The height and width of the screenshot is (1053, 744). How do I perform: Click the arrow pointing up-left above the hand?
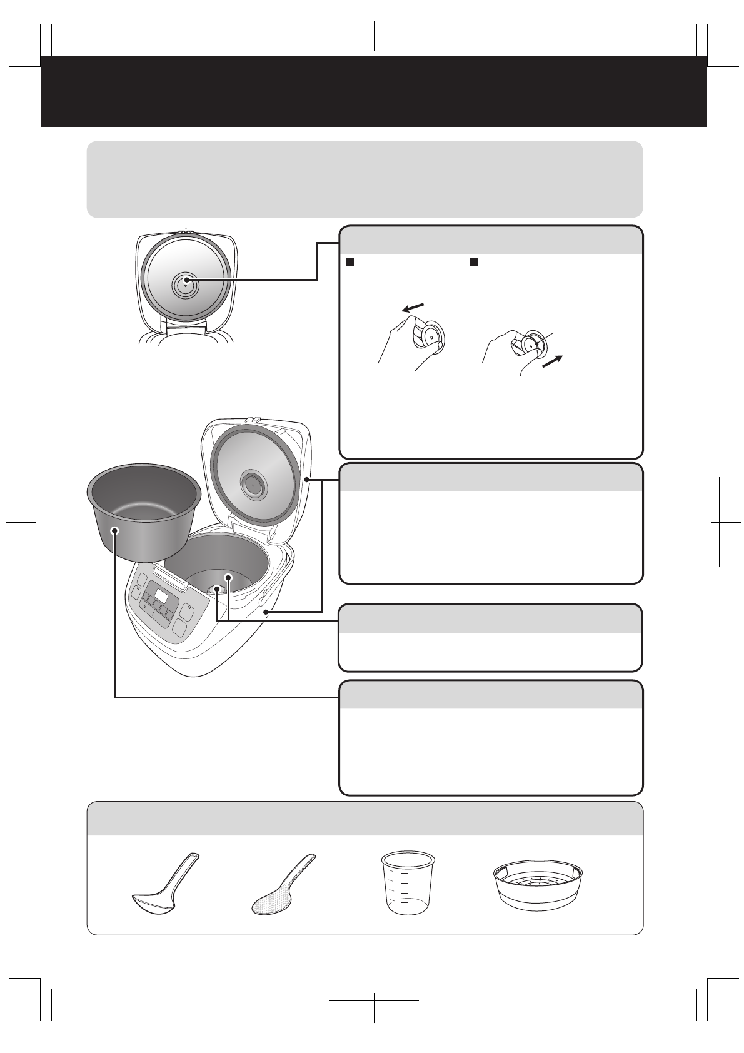413,306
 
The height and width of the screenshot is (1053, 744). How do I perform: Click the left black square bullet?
351,261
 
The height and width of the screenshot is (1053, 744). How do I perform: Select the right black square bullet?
475,261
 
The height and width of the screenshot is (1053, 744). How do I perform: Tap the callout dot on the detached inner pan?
114,530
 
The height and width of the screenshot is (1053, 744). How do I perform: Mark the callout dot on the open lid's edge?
306,480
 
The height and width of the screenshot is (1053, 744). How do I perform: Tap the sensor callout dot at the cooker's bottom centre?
216,589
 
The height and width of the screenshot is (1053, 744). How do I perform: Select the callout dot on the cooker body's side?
266,612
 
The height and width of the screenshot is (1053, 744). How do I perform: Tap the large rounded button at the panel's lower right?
183,628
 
